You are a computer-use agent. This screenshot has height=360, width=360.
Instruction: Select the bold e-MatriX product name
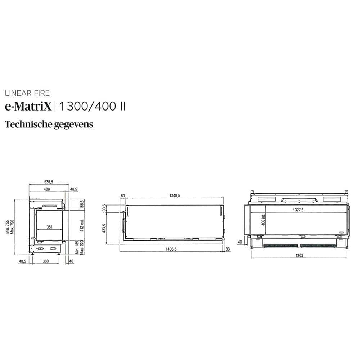click(28, 107)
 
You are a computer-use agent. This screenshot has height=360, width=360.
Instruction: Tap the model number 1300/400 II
click(92, 107)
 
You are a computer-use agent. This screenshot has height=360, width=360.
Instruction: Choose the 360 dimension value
click(46, 261)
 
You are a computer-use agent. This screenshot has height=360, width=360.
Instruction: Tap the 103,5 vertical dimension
click(104, 209)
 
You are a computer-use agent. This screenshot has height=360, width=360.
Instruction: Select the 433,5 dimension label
click(104, 228)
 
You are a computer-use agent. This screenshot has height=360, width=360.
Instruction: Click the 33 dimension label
click(228, 248)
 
